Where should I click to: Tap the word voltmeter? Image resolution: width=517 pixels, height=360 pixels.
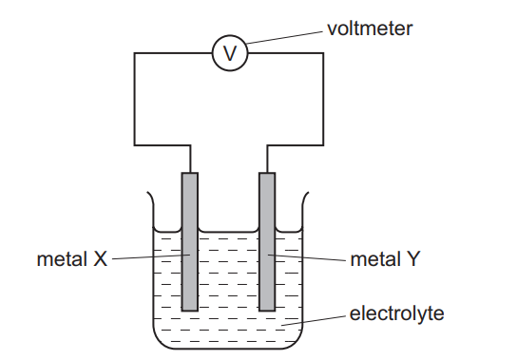pyautogui.click(x=370, y=28)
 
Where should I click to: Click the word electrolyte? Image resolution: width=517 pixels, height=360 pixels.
pyautogui.click(x=395, y=313)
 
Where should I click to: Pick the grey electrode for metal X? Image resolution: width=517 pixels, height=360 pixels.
pyautogui.click(x=190, y=241)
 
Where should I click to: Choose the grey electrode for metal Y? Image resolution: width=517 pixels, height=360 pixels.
pyautogui.click(x=267, y=241)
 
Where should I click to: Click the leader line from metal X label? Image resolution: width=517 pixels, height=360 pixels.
pyautogui.click(x=147, y=256)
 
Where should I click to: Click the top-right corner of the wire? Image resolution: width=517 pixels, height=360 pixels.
pyautogui.click(x=325, y=54)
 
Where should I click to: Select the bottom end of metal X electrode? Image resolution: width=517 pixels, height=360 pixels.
pyautogui.click(x=190, y=308)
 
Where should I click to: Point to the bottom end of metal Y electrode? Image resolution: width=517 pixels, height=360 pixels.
pyautogui.click(x=267, y=308)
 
